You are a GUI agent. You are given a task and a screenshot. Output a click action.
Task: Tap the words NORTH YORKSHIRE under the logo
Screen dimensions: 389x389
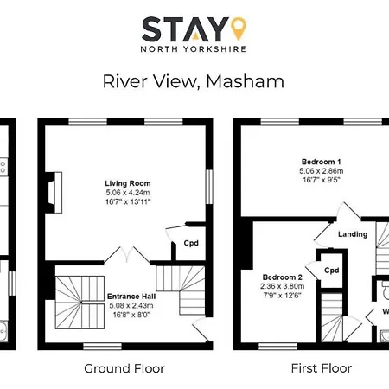194,50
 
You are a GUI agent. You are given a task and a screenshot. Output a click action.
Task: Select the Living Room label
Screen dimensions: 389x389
128,183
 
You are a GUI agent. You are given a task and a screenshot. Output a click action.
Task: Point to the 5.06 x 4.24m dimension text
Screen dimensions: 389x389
128,193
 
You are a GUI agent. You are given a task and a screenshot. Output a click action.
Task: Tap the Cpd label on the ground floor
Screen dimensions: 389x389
190,243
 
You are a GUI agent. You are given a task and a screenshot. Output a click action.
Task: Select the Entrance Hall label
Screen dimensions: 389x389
131,296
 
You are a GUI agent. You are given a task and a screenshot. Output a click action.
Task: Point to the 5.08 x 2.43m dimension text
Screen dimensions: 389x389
131,304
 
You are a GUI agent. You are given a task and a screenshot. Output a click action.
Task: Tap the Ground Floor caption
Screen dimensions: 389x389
124,368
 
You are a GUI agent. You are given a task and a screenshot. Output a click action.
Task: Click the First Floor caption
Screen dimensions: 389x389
321,368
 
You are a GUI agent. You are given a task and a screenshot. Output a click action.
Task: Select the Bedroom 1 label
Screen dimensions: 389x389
321,163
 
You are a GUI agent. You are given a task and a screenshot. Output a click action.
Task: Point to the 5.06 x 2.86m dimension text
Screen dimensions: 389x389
321,172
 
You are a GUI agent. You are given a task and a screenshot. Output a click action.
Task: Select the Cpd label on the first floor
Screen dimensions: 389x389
331,270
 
